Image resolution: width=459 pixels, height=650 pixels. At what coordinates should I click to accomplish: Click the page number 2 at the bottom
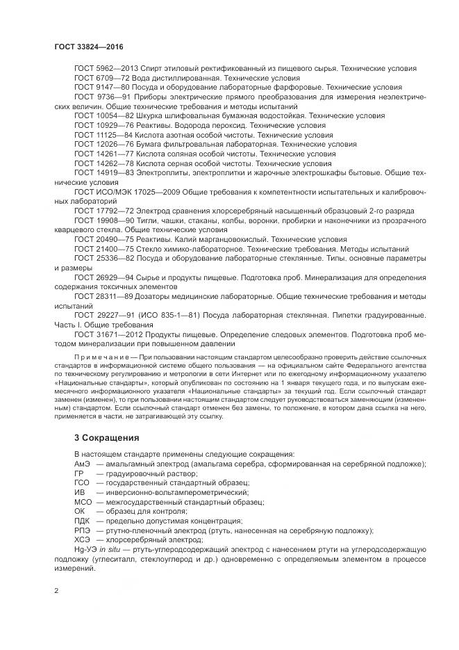click(56, 591)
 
